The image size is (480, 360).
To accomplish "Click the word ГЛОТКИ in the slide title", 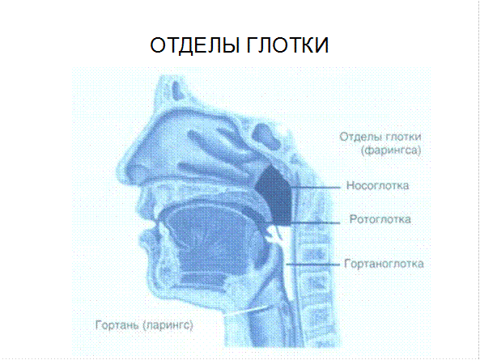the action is tap(287, 45).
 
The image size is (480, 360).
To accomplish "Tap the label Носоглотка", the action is tap(378, 185).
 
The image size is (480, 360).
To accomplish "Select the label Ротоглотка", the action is tap(380, 219).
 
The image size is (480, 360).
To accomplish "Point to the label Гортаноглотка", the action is tap(384, 264).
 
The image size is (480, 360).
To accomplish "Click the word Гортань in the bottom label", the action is tap(117, 324).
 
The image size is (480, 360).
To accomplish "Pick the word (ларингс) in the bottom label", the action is tap(168, 325).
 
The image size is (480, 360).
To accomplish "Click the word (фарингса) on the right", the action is tap(391, 150).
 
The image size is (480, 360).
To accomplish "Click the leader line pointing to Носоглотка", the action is tap(316, 187).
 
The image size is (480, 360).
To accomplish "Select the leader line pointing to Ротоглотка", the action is tap(314, 222).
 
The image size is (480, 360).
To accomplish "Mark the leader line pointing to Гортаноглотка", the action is tap(313, 264).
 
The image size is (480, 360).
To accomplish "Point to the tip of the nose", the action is tap(119, 172).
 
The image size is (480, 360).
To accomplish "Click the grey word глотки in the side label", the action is tap(403, 137).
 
